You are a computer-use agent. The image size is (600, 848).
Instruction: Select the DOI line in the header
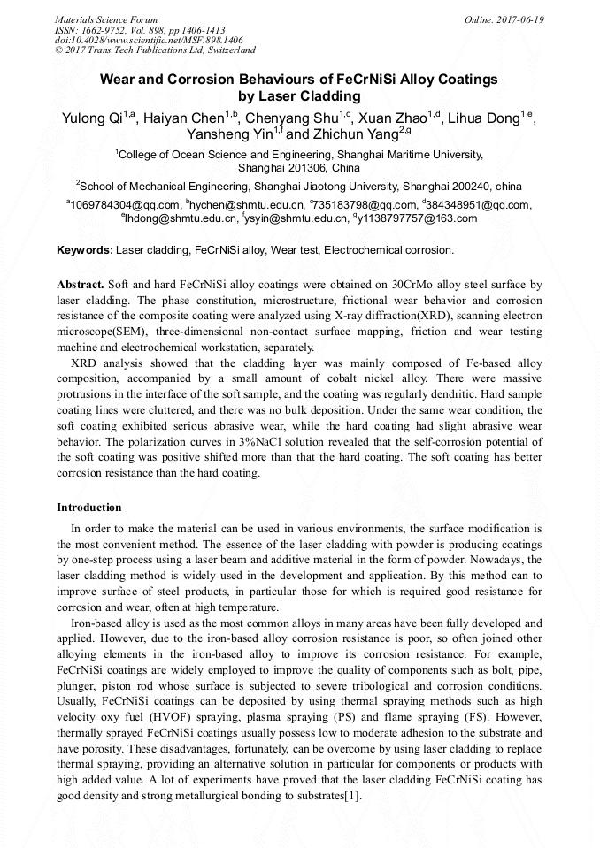(x=149, y=41)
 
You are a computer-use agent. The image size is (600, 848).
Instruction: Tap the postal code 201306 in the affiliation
(x=309, y=167)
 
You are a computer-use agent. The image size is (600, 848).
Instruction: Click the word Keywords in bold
(x=84, y=250)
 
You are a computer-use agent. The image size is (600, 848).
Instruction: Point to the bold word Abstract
(x=80, y=285)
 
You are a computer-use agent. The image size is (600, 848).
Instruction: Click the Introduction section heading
(x=89, y=508)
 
